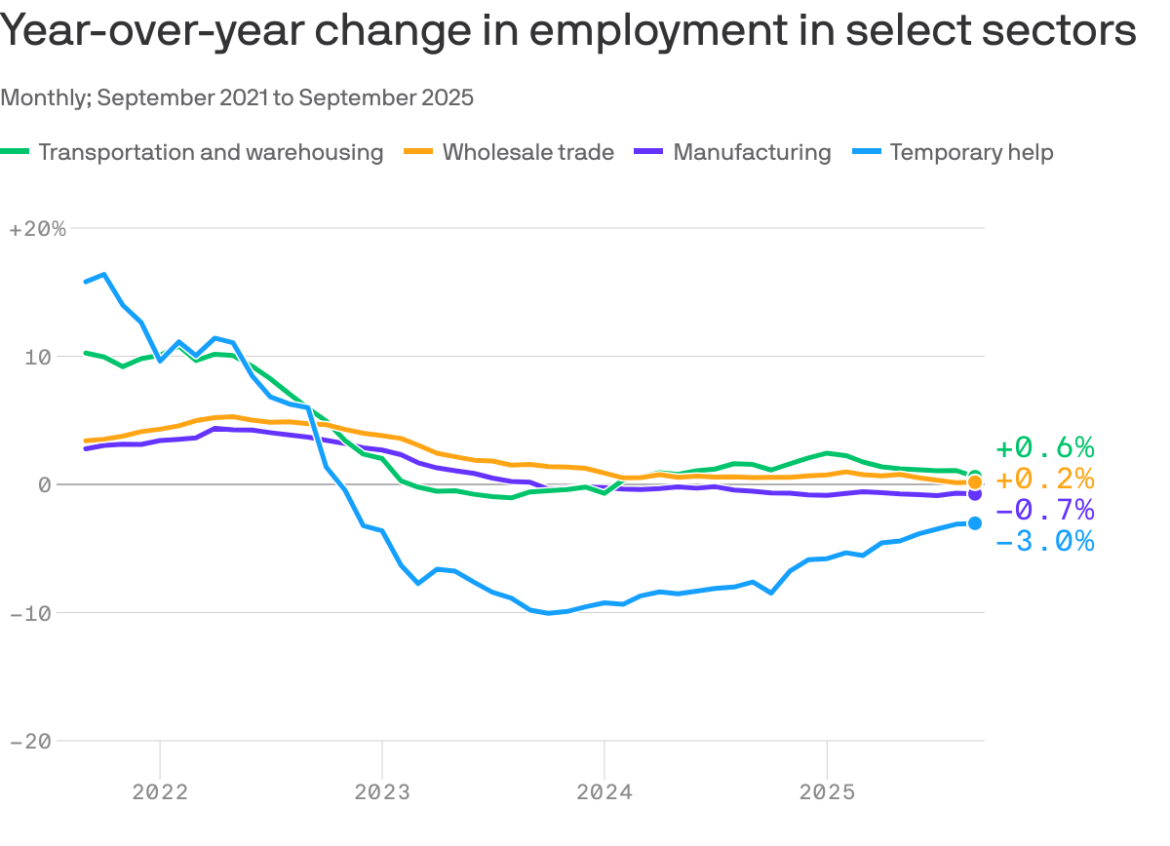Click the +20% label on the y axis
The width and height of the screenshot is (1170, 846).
tap(37, 229)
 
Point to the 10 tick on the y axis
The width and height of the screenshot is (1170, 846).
tap(37, 357)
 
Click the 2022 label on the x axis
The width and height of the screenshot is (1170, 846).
tap(160, 790)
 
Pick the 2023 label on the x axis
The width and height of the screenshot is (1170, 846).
tap(382, 790)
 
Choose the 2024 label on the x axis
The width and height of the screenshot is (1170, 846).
tap(604, 790)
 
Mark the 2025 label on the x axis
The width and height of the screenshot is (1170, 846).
tap(827, 790)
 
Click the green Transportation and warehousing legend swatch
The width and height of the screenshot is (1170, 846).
tap(16, 152)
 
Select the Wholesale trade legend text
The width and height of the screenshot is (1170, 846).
tap(527, 152)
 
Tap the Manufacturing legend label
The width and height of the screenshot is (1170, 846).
tap(752, 152)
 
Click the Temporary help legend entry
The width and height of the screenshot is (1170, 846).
tap(971, 152)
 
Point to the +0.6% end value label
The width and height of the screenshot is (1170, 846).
tap(1044, 448)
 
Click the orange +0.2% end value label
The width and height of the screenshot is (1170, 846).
tap(1044, 480)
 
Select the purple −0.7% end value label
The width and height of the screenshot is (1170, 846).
tap(1044, 511)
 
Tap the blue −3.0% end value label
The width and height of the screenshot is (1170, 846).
tap(1044, 542)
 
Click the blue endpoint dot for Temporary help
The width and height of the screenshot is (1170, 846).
tap(974, 523)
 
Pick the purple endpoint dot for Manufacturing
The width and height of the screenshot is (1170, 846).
tap(974, 494)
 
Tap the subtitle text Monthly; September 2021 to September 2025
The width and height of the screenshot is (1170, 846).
tap(237, 97)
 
